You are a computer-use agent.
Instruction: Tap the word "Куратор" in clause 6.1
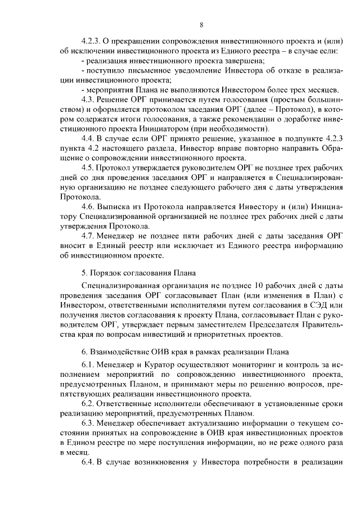point(160,364)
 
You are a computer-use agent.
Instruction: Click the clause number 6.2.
point(88,404)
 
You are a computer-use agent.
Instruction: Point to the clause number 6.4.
point(88,462)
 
